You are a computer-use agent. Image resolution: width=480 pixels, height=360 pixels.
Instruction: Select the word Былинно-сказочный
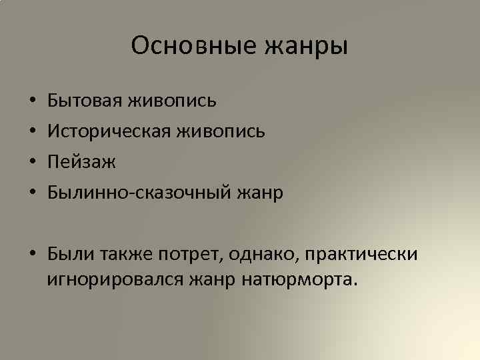137,193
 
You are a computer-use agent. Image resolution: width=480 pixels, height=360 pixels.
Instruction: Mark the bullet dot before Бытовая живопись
33,102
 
